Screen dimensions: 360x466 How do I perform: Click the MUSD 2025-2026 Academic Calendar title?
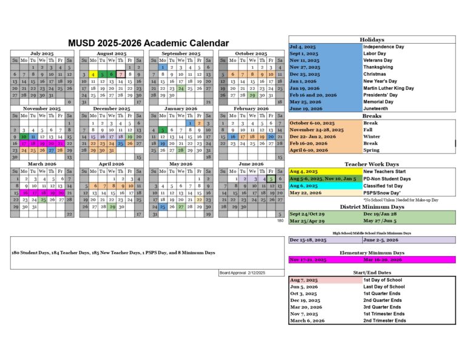149,43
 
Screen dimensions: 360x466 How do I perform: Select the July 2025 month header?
41,53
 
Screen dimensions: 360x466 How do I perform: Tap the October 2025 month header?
251,53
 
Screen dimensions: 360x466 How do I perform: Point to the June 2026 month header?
251,164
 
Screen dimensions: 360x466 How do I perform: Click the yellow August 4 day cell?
93,74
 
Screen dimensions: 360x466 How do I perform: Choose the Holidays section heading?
371,39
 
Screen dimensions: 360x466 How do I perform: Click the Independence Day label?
383,47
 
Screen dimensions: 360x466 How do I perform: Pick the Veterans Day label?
377,60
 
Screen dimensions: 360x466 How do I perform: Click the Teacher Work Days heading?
371,165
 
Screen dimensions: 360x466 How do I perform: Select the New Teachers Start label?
385,172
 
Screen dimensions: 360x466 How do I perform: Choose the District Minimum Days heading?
371,207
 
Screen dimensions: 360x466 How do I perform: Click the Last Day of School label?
383,287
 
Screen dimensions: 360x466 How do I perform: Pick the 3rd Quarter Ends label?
382,307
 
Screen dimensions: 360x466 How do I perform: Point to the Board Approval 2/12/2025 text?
243,273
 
